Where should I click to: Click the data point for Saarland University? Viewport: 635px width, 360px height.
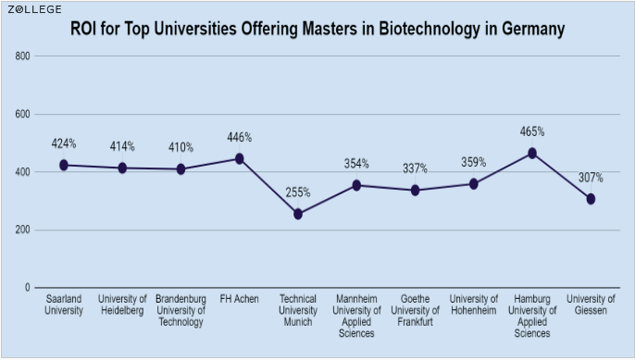click(64, 165)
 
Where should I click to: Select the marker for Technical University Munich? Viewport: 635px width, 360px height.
click(298, 214)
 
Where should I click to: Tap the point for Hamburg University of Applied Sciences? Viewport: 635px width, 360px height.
click(532, 153)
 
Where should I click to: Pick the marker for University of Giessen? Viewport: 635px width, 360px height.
click(591, 199)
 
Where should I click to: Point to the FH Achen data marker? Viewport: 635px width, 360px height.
click(240, 158)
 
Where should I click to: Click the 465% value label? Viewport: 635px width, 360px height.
click(532, 131)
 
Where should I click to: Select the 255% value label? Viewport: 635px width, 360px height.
click(298, 192)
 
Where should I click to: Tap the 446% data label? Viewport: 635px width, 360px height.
click(240, 137)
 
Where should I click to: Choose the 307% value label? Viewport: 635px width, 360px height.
click(591, 177)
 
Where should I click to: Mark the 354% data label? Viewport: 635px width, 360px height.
click(356, 164)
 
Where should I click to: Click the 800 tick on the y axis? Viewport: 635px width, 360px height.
click(23, 56)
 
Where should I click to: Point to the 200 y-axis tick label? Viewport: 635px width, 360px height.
click(23, 230)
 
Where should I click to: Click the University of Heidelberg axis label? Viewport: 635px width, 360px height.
click(122, 304)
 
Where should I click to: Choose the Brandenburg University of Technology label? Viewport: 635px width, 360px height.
click(181, 310)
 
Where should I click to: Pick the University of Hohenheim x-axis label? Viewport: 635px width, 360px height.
click(473, 304)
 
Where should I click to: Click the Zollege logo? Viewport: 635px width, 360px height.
click(36, 9)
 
